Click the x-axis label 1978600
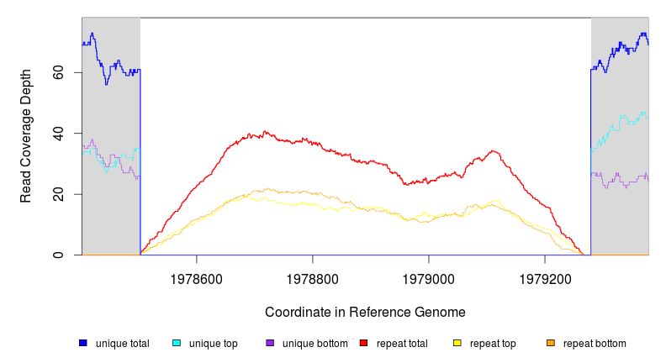click(x=197, y=276)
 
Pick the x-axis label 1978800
click(x=313, y=276)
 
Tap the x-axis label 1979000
click(x=429, y=276)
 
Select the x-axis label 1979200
click(x=545, y=276)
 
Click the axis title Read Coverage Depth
click(x=26, y=136)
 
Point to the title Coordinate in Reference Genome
click(x=365, y=312)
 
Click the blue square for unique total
click(x=83, y=343)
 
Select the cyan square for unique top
click(x=177, y=343)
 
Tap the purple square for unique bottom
click(x=270, y=343)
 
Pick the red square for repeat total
click(x=364, y=343)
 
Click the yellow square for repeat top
click(x=457, y=343)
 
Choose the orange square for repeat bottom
click(x=551, y=343)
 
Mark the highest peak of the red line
click(x=265, y=131)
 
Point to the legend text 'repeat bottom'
click(x=595, y=344)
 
